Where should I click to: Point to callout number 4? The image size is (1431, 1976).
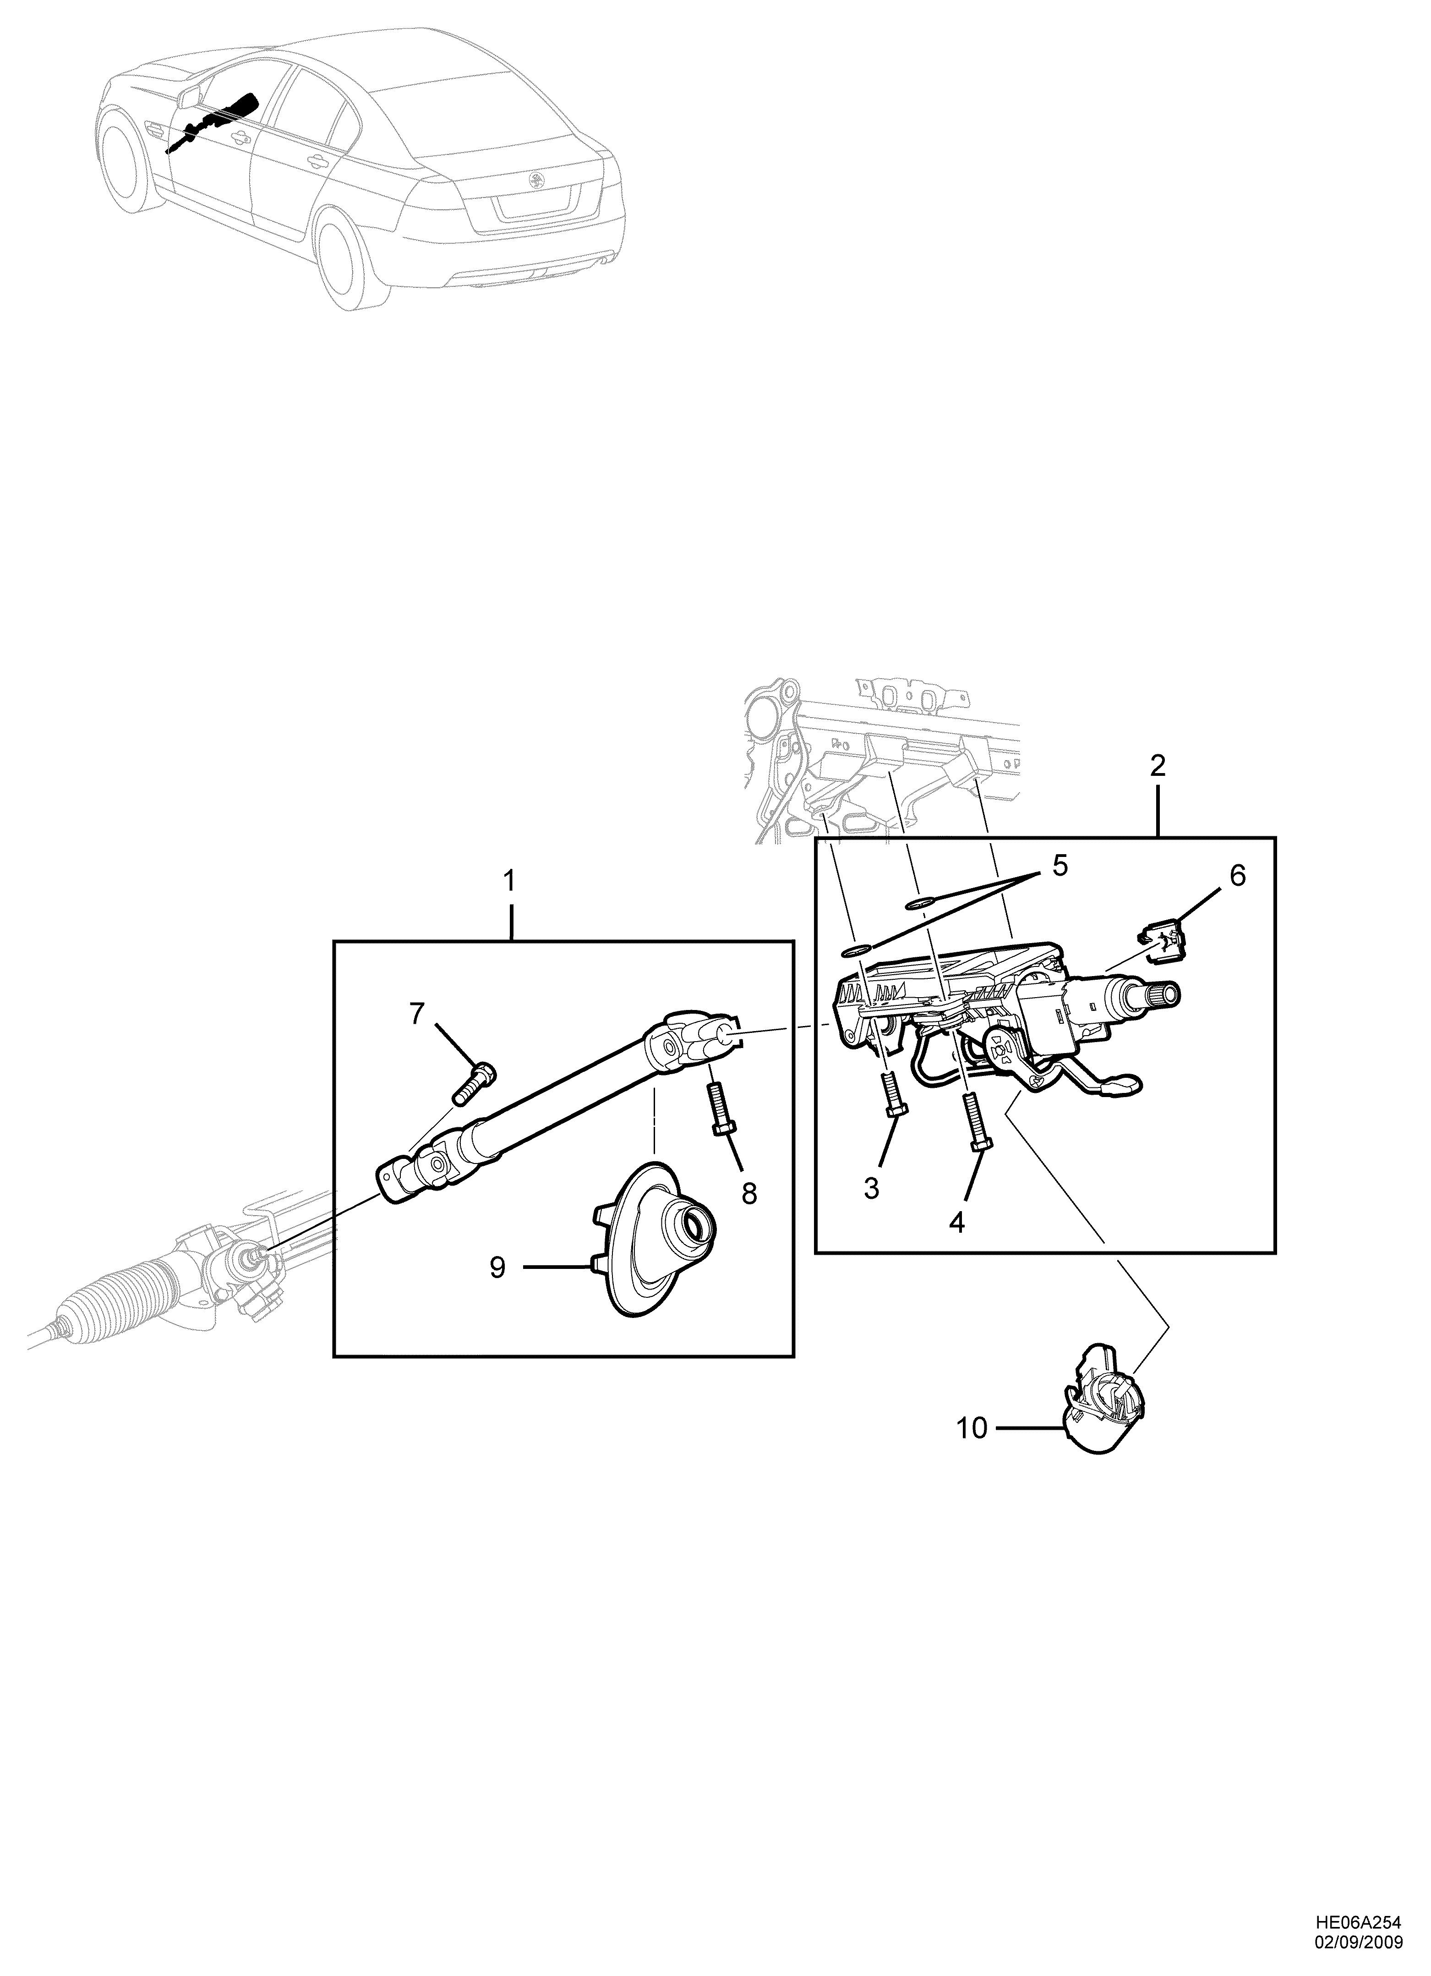pos(956,1222)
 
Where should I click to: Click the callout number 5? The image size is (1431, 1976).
pos(1059,866)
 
